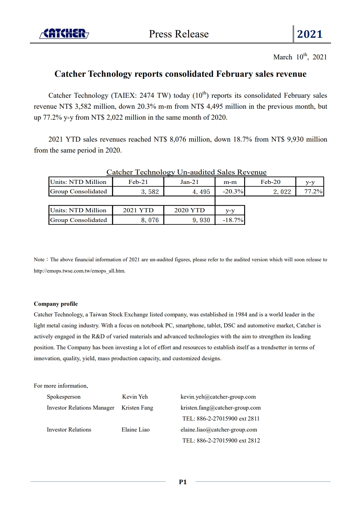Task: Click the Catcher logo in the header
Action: click(x=64, y=33)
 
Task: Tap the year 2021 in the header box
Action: click(x=310, y=34)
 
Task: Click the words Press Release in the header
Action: click(x=179, y=34)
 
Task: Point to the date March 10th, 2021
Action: click(x=300, y=57)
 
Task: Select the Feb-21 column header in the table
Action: click(x=138, y=182)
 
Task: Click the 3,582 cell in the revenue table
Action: click(x=150, y=192)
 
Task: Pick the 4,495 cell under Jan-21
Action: click(x=201, y=192)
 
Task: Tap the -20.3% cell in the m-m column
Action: click(x=233, y=191)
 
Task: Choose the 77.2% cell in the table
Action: click(x=313, y=191)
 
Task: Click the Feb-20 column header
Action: click(x=270, y=182)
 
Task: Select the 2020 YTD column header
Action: click(x=189, y=210)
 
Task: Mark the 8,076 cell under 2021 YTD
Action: click(x=150, y=220)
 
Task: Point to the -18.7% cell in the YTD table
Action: click(x=233, y=220)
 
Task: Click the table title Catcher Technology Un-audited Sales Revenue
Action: click(x=186, y=172)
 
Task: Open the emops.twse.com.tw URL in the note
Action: click(x=79, y=271)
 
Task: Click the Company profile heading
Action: click(x=56, y=304)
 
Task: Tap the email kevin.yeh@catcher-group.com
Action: click(x=218, y=396)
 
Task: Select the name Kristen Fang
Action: click(x=137, y=407)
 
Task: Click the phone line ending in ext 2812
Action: click(x=221, y=440)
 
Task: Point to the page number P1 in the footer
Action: click(x=183, y=482)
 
